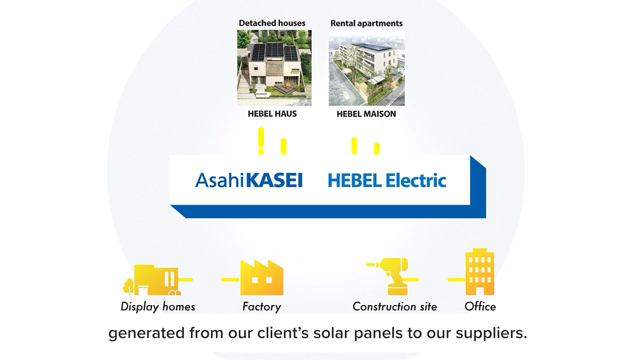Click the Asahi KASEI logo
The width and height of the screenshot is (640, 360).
tap(248, 180)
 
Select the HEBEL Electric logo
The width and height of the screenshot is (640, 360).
tap(386, 180)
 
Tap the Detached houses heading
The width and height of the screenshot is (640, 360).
tap(272, 23)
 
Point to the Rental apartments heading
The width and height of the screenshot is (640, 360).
tap(366, 23)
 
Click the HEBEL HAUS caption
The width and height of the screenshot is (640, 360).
tap(272, 114)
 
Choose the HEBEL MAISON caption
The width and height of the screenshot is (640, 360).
tap(366, 114)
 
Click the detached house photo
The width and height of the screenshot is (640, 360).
tap(274, 68)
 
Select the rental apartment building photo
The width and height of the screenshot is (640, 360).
tap(366, 68)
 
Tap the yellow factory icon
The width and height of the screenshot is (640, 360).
tap(261, 278)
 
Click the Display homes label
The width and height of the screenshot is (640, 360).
tap(158, 306)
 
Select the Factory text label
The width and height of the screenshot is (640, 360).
tap(261, 306)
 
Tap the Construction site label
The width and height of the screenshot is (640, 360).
tap(394, 306)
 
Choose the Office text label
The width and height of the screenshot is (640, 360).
tap(480, 306)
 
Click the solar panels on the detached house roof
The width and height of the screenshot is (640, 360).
tap(273, 50)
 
